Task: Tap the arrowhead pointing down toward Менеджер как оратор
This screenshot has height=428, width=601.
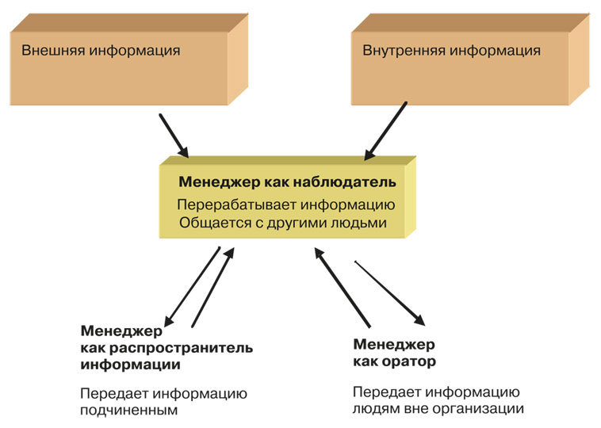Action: pyautogui.click(x=416, y=319)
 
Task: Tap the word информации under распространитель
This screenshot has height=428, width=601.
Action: pyautogui.click(x=130, y=365)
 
